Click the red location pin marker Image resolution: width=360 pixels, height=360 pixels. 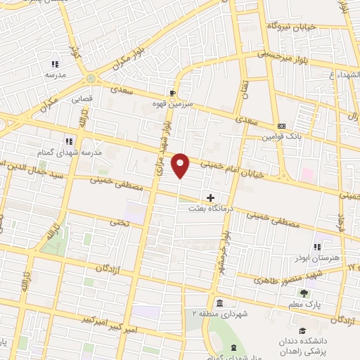[x=181, y=165]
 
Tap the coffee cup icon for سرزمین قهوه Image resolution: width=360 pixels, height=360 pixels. [x=173, y=93]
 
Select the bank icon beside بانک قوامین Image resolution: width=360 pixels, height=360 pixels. [x=281, y=126]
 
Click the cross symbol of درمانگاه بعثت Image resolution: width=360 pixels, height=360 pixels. [x=210, y=198]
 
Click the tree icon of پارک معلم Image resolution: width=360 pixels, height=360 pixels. [x=304, y=292]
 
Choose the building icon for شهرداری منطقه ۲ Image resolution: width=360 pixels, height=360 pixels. [x=220, y=303]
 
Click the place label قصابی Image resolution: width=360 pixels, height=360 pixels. [x=82, y=99]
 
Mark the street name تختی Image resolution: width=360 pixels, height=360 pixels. [x=115, y=221]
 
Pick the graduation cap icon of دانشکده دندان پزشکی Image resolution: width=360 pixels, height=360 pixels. [x=302, y=330]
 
